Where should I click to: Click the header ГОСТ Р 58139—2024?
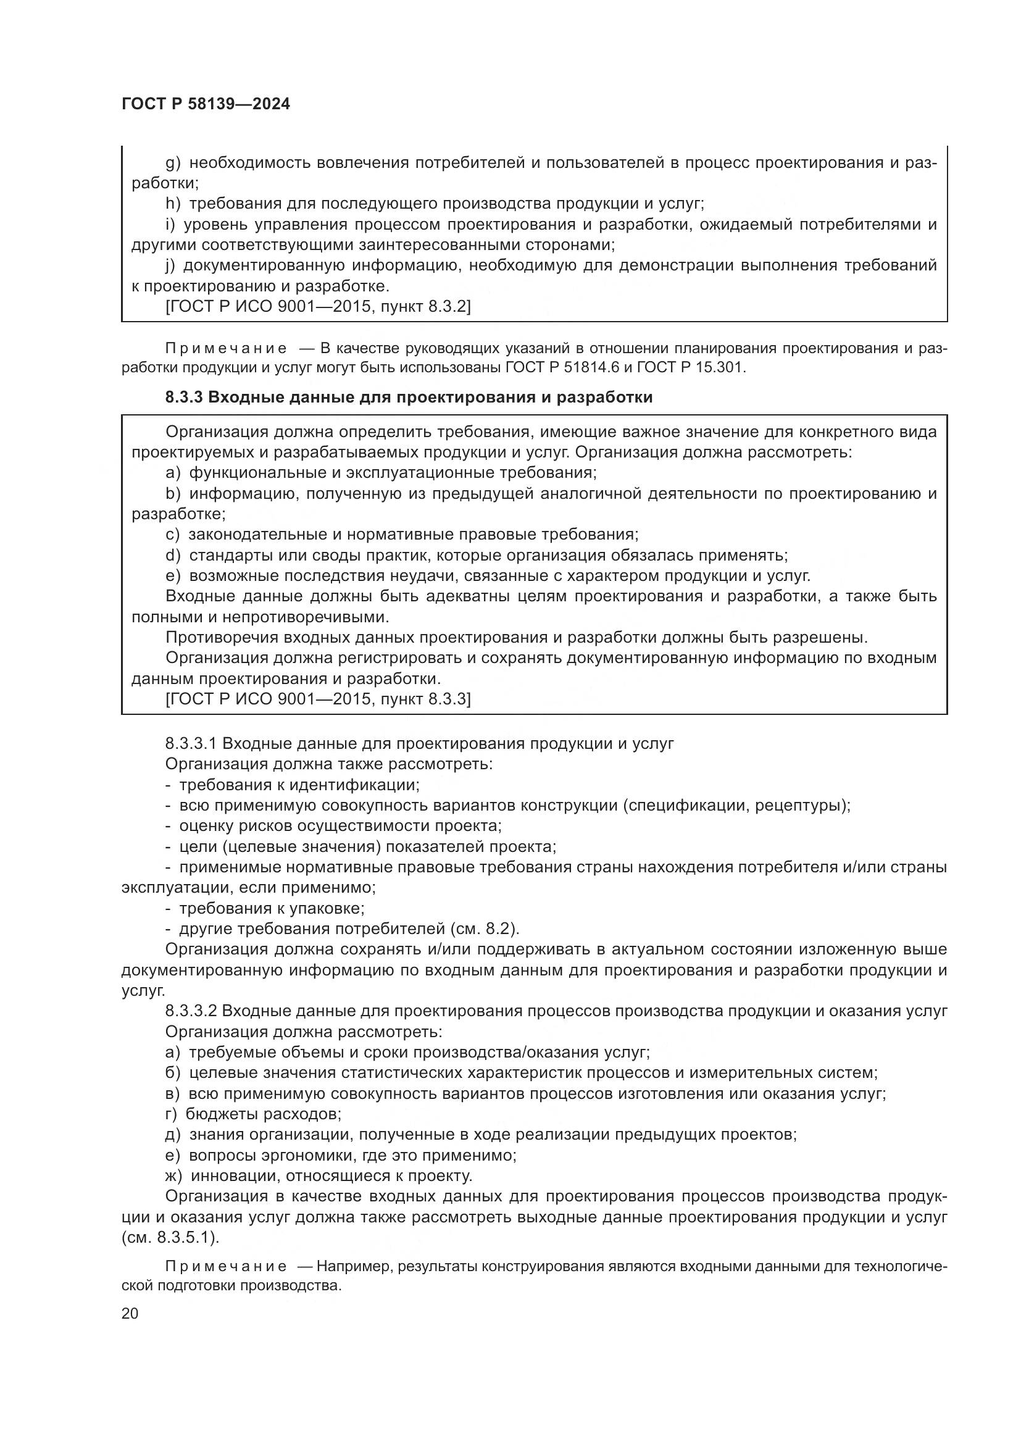[206, 104]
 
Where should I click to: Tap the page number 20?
[130, 1313]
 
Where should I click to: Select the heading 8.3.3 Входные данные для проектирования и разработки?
[409, 398]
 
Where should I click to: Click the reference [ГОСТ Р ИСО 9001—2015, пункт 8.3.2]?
[317, 307]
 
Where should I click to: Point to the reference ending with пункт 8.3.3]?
[317, 699]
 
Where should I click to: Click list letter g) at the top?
[173, 164]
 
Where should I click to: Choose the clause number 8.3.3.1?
[191, 743]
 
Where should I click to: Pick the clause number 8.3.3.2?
[191, 1011]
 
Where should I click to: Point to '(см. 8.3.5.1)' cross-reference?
[170, 1238]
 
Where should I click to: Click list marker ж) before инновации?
[173, 1175]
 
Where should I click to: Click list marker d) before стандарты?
[173, 556]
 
